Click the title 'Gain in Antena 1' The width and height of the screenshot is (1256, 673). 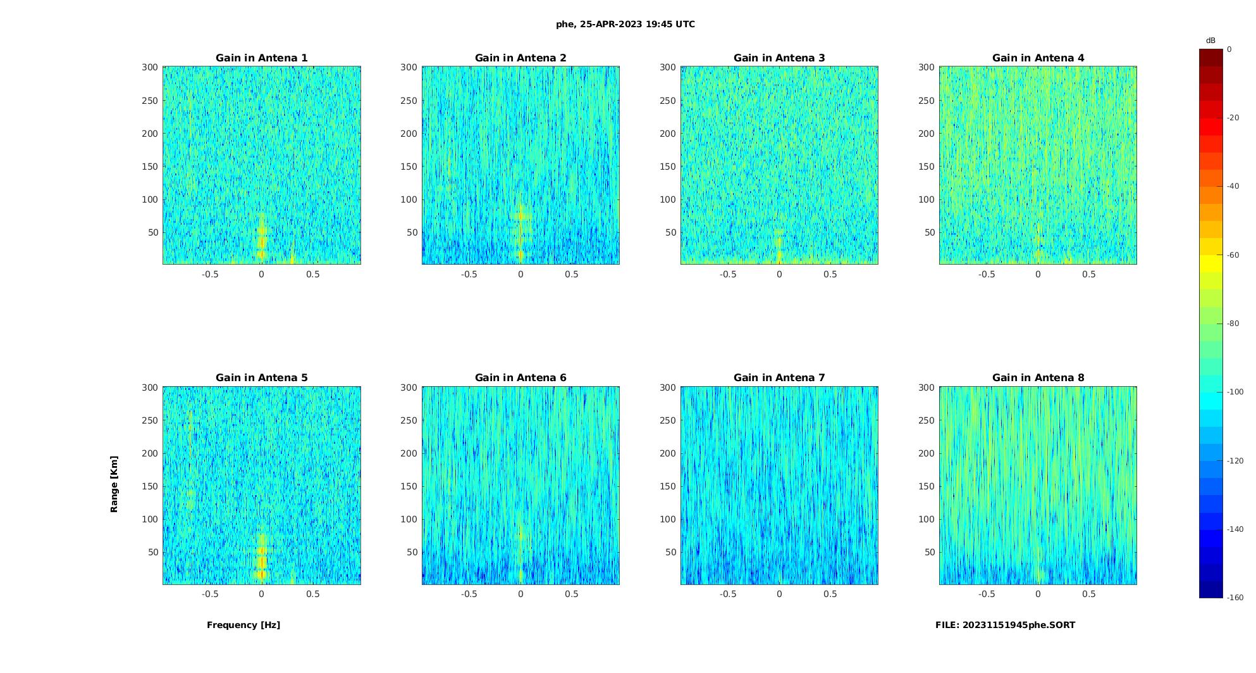261,58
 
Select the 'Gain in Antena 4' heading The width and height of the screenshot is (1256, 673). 1038,58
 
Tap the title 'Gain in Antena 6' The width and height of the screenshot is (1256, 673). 520,378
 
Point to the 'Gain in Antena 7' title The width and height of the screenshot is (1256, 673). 779,378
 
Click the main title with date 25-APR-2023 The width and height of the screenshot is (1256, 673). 625,25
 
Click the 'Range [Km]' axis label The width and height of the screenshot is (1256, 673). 114,484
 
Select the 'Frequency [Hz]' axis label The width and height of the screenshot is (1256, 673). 243,625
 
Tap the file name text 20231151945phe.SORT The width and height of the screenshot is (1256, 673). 1005,625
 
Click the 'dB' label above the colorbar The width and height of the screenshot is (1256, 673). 1210,41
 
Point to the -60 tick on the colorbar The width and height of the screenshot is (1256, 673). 1233,255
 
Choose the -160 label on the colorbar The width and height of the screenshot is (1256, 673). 1235,598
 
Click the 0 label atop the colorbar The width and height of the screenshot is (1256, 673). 1229,49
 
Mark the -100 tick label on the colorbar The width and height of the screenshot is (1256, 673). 1235,392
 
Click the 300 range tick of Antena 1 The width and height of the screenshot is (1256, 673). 150,67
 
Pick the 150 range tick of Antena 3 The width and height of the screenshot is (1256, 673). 668,167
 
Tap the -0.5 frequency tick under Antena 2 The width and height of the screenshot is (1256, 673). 469,274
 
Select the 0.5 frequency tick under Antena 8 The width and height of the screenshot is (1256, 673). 1089,594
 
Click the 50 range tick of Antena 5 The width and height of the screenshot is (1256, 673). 152,552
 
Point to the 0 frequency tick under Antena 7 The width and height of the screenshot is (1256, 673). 779,594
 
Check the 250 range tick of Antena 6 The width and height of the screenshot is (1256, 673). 409,420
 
